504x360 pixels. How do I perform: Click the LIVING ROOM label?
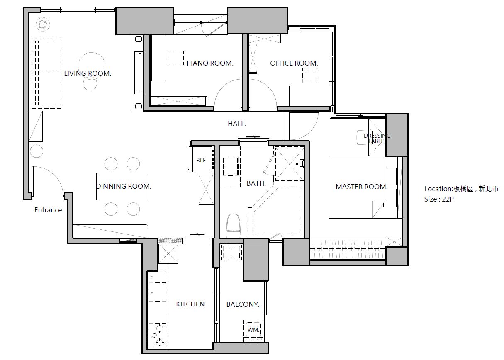(88, 73)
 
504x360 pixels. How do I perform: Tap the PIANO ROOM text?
(210, 63)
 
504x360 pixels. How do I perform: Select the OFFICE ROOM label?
(294, 63)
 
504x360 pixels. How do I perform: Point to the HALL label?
(237, 124)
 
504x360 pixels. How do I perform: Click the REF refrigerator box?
(201, 159)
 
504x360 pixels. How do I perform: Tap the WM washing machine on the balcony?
(253, 330)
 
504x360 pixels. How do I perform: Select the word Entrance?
(48, 210)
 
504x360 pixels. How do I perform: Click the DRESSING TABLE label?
(377, 139)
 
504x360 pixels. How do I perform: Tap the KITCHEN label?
(191, 304)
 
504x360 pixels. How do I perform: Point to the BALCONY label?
(243, 304)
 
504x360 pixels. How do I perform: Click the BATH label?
(256, 183)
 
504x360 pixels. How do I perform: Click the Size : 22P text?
(439, 199)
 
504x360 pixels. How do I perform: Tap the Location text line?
(461, 189)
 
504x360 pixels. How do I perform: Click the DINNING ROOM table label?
(124, 186)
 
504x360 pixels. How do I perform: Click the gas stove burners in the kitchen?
(158, 335)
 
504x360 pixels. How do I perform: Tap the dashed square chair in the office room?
(309, 75)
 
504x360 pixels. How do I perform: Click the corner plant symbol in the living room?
(43, 24)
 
